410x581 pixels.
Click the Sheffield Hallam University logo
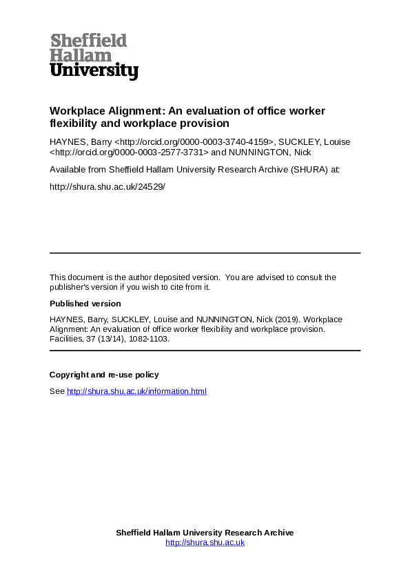pyautogui.click(x=94, y=57)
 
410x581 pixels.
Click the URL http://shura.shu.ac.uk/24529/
pyautogui.click(x=107, y=186)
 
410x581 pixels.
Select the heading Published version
pyautogui.click(x=85, y=304)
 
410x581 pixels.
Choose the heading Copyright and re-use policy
pyautogui.click(x=104, y=375)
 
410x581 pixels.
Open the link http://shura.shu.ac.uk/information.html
pyautogui.click(x=136, y=392)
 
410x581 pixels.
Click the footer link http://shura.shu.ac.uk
pyautogui.click(x=205, y=542)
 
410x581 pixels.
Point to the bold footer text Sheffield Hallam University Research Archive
pyautogui.click(x=205, y=533)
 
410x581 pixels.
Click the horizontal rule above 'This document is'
pyautogui.click(x=205, y=253)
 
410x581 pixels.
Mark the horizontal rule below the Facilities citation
pyautogui.click(x=205, y=351)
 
